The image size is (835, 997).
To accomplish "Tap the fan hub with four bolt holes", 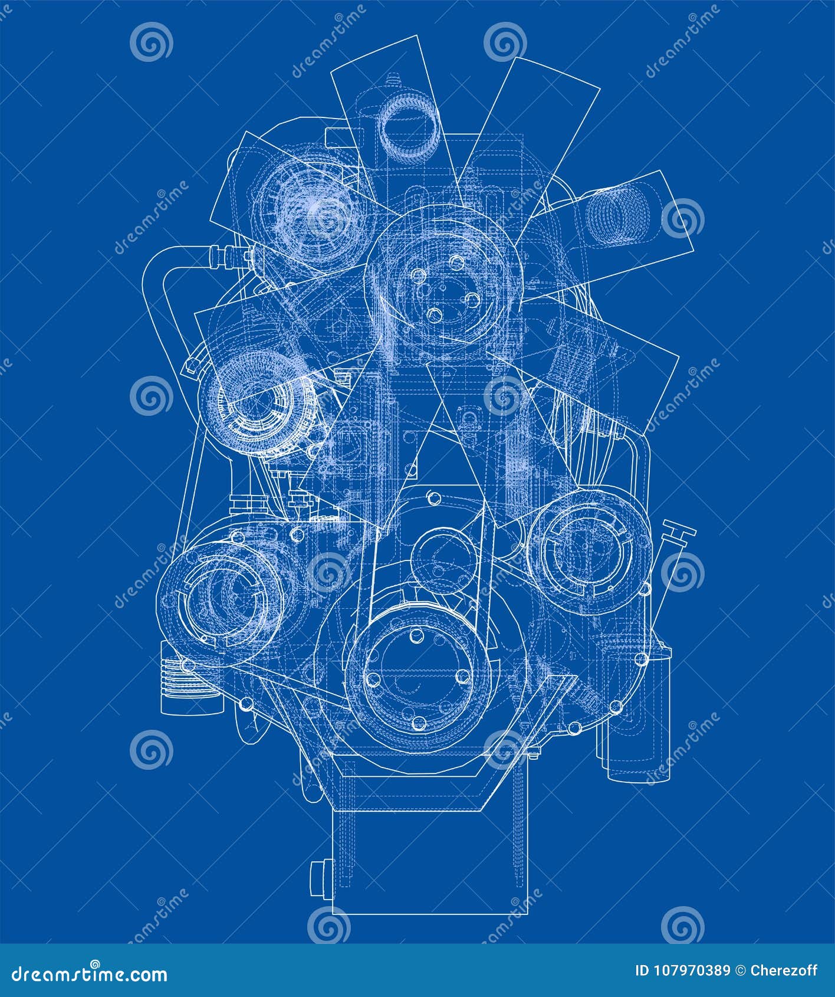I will [x=443, y=283].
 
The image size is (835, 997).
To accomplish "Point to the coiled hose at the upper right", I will [x=617, y=214].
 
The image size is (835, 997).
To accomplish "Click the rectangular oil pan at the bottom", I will [x=430, y=855].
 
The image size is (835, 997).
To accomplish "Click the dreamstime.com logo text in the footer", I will [x=90, y=973].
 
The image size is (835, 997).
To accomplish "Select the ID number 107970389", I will [x=691, y=971].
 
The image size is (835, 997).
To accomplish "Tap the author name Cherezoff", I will [x=784, y=971].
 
